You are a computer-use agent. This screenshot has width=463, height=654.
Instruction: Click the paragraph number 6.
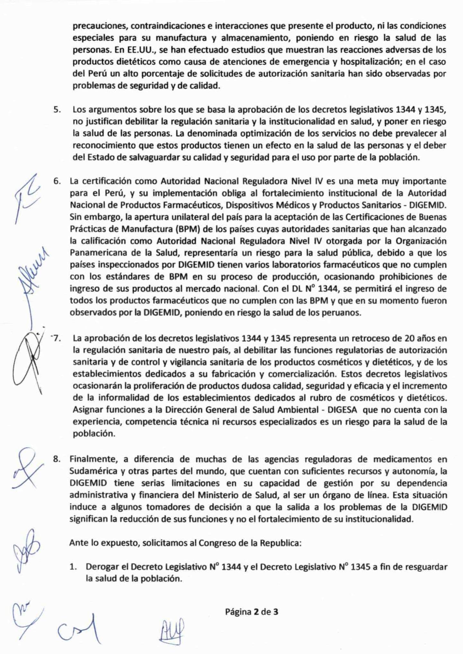pyautogui.click(x=57, y=181)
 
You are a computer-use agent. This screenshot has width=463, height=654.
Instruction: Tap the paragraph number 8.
pyautogui.click(x=57, y=459)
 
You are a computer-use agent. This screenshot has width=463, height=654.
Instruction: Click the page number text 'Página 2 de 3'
pyautogui.click(x=252, y=612)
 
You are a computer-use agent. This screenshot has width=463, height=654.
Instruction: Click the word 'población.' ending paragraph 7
pyautogui.click(x=94, y=434)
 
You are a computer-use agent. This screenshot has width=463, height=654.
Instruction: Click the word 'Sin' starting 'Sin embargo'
pyautogui.click(x=76, y=217)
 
